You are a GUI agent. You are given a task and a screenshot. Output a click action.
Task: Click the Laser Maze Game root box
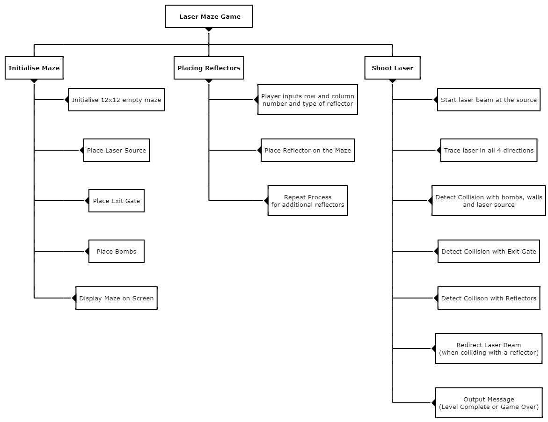(x=209, y=16)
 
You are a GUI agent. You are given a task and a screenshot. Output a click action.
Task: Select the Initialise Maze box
(x=34, y=68)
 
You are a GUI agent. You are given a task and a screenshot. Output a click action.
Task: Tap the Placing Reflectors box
(x=209, y=68)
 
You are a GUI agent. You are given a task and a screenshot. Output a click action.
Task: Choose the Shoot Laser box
(x=392, y=68)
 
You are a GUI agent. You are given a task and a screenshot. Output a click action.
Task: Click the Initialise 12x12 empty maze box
(x=117, y=100)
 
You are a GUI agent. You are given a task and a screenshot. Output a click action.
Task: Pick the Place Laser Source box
(x=117, y=150)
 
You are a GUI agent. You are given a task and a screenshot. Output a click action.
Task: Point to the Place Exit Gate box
(x=117, y=201)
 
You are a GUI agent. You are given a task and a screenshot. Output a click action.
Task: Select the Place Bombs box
(x=117, y=251)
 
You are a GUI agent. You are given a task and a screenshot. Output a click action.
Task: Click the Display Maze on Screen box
(x=117, y=298)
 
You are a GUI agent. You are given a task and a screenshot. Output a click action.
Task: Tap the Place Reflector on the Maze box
(x=307, y=150)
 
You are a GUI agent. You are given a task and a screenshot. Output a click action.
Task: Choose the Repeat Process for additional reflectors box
(x=307, y=201)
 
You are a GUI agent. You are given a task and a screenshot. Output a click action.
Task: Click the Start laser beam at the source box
(x=489, y=100)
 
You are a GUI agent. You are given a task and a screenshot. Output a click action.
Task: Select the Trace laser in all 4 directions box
(x=489, y=150)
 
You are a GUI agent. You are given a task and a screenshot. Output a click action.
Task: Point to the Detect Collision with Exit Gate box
(x=489, y=251)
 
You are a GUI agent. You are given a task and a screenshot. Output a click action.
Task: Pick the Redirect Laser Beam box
(x=489, y=348)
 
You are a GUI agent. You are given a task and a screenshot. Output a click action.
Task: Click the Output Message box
(x=489, y=402)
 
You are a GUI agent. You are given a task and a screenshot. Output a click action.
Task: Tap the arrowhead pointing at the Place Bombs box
(x=87, y=251)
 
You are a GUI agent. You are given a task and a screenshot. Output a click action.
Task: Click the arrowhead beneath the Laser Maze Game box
(x=209, y=29)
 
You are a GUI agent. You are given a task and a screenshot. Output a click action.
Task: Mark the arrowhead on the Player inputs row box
(x=256, y=100)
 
